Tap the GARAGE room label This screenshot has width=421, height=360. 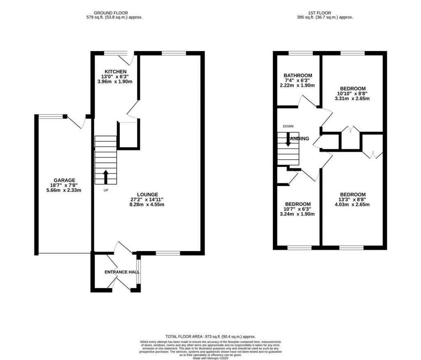[64, 180]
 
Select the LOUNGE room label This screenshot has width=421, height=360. [147, 195]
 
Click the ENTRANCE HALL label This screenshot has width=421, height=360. [122, 272]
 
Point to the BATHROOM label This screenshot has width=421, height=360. [298, 75]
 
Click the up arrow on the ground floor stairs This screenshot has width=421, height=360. [106, 177]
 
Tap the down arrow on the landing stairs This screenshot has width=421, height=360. [288, 139]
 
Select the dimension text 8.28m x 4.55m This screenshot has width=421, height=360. [147, 204]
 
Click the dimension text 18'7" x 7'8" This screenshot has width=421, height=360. [64, 185]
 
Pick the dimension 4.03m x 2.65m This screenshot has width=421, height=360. [352, 204]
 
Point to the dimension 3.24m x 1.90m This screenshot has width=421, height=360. [298, 214]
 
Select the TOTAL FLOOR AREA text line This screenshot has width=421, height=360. [210, 336]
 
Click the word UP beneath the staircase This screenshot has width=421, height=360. [106, 190]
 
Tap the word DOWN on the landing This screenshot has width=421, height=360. [288, 126]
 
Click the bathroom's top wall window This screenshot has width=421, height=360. [300, 53]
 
